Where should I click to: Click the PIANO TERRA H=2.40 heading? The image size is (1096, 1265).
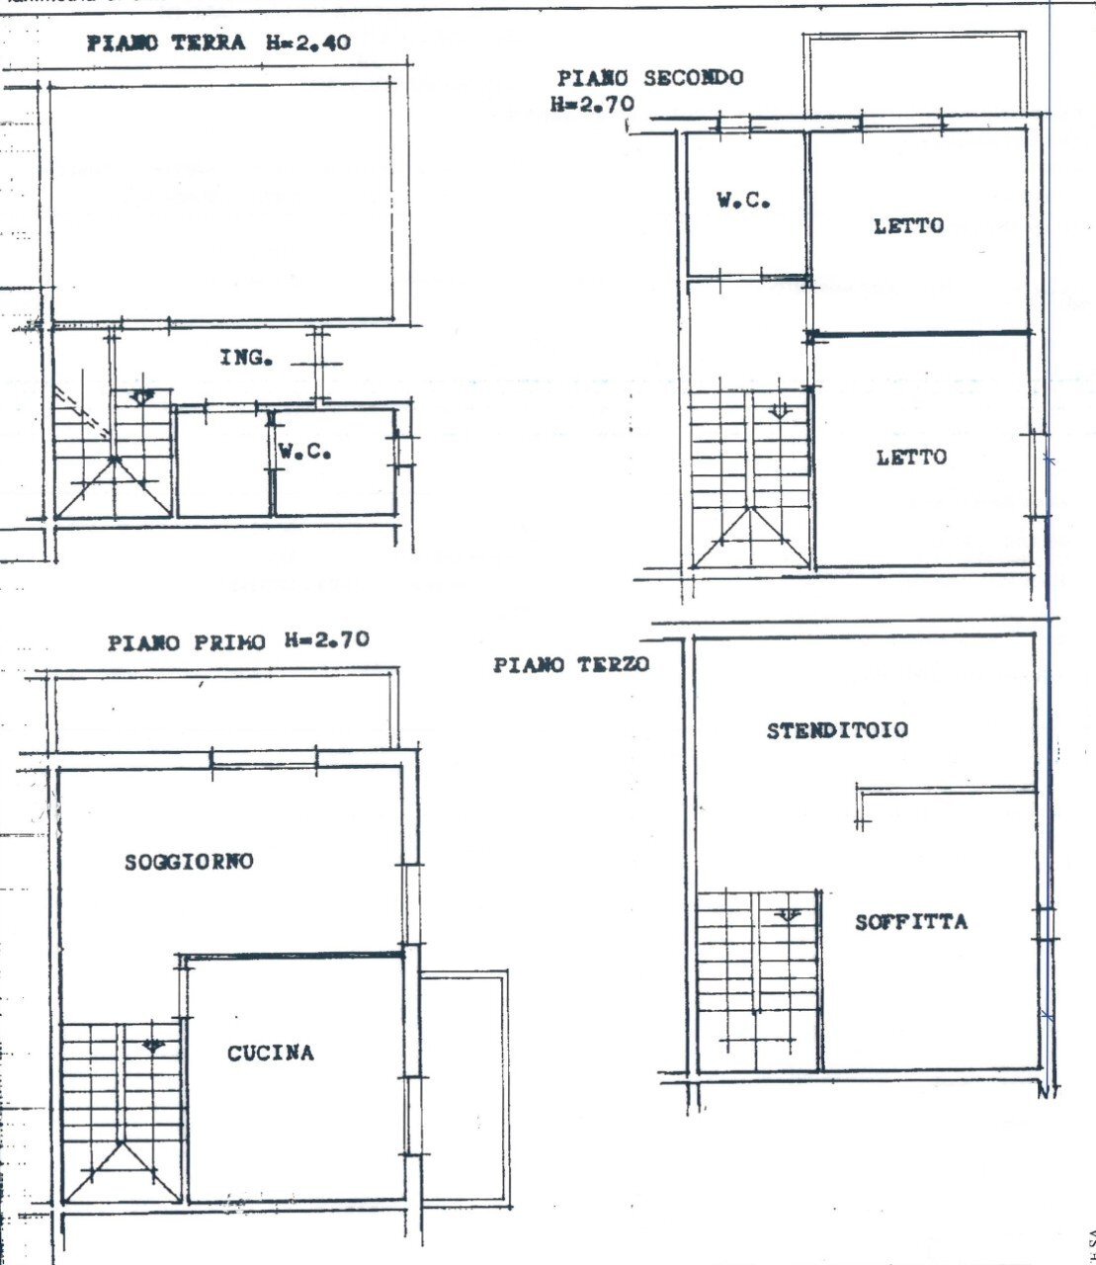(x=218, y=43)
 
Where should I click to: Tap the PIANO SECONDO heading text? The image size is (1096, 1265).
(x=649, y=78)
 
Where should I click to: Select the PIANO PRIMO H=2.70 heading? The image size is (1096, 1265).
(x=237, y=641)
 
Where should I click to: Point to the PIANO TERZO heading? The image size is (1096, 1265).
(x=571, y=665)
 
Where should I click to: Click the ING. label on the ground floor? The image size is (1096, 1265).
(x=246, y=358)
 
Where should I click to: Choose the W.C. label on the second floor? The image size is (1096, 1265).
(x=744, y=201)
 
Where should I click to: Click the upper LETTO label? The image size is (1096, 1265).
(x=908, y=225)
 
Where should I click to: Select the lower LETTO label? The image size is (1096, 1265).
(x=910, y=458)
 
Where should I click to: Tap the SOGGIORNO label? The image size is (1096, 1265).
(x=189, y=862)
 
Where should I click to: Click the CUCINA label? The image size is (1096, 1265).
(x=270, y=1054)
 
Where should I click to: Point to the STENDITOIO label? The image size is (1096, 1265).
(x=837, y=731)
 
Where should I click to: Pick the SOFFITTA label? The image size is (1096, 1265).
(x=910, y=923)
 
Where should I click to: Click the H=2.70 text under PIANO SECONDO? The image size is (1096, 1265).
(x=592, y=104)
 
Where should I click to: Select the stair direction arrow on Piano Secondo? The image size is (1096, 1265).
(x=780, y=409)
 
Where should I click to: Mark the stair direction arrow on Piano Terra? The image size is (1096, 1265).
(x=144, y=397)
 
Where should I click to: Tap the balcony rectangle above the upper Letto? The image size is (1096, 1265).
(x=925, y=75)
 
